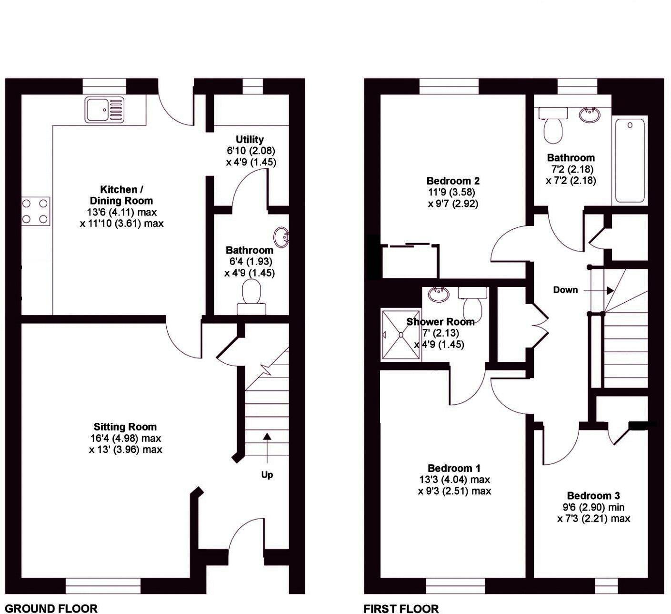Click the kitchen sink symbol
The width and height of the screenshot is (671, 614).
105,109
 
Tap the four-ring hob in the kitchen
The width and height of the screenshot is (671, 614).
36,211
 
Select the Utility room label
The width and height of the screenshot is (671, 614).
250,139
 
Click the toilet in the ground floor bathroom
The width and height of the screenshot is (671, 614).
252,295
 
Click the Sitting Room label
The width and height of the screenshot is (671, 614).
125,427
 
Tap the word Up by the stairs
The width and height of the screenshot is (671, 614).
267,475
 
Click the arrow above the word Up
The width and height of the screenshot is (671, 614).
267,448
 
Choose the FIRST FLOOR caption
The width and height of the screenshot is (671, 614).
401,608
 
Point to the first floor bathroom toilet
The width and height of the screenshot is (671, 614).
552,125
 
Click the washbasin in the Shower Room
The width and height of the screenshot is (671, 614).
438,294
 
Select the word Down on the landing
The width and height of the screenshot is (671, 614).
565,290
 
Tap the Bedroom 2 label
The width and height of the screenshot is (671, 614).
453,181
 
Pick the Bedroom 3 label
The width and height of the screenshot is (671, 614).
593,496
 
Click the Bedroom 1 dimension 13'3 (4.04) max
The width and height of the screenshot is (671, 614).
454,480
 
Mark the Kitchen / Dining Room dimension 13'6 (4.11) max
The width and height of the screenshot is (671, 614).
122,212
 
